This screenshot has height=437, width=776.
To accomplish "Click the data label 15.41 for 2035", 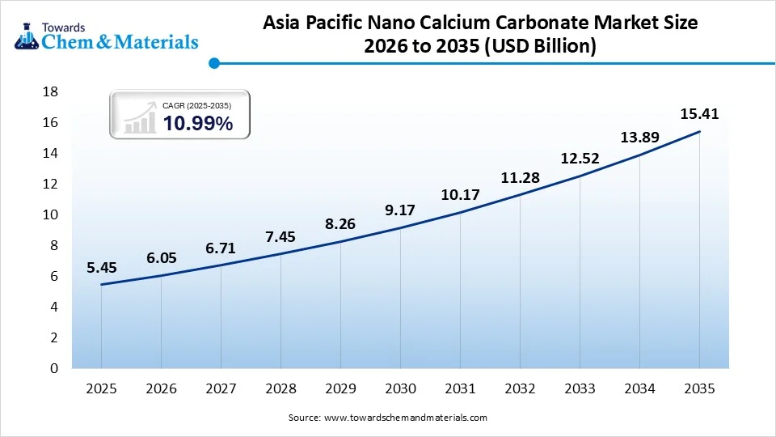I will click(699, 114).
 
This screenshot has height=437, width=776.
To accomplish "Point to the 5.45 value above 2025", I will click(102, 266).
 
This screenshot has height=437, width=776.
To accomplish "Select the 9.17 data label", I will click(400, 210).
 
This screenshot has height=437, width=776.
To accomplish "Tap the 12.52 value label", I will click(580, 159).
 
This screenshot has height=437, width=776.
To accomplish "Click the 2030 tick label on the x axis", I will click(400, 389).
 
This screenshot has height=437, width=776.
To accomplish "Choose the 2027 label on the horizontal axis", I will click(221, 389).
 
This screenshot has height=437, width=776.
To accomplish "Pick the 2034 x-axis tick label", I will click(639, 389).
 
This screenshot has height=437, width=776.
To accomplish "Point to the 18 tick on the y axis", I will click(50, 91).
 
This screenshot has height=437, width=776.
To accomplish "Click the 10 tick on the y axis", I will click(50, 214).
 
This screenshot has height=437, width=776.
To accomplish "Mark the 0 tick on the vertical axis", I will click(54, 368).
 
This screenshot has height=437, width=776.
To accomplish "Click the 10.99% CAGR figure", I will click(198, 124).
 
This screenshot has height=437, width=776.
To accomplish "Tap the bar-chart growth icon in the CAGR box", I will click(140, 117).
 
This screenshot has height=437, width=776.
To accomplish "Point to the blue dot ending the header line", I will click(213, 62).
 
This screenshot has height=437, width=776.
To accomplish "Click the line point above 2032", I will click(520, 194).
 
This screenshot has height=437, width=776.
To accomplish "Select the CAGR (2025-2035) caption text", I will click(197, 106).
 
